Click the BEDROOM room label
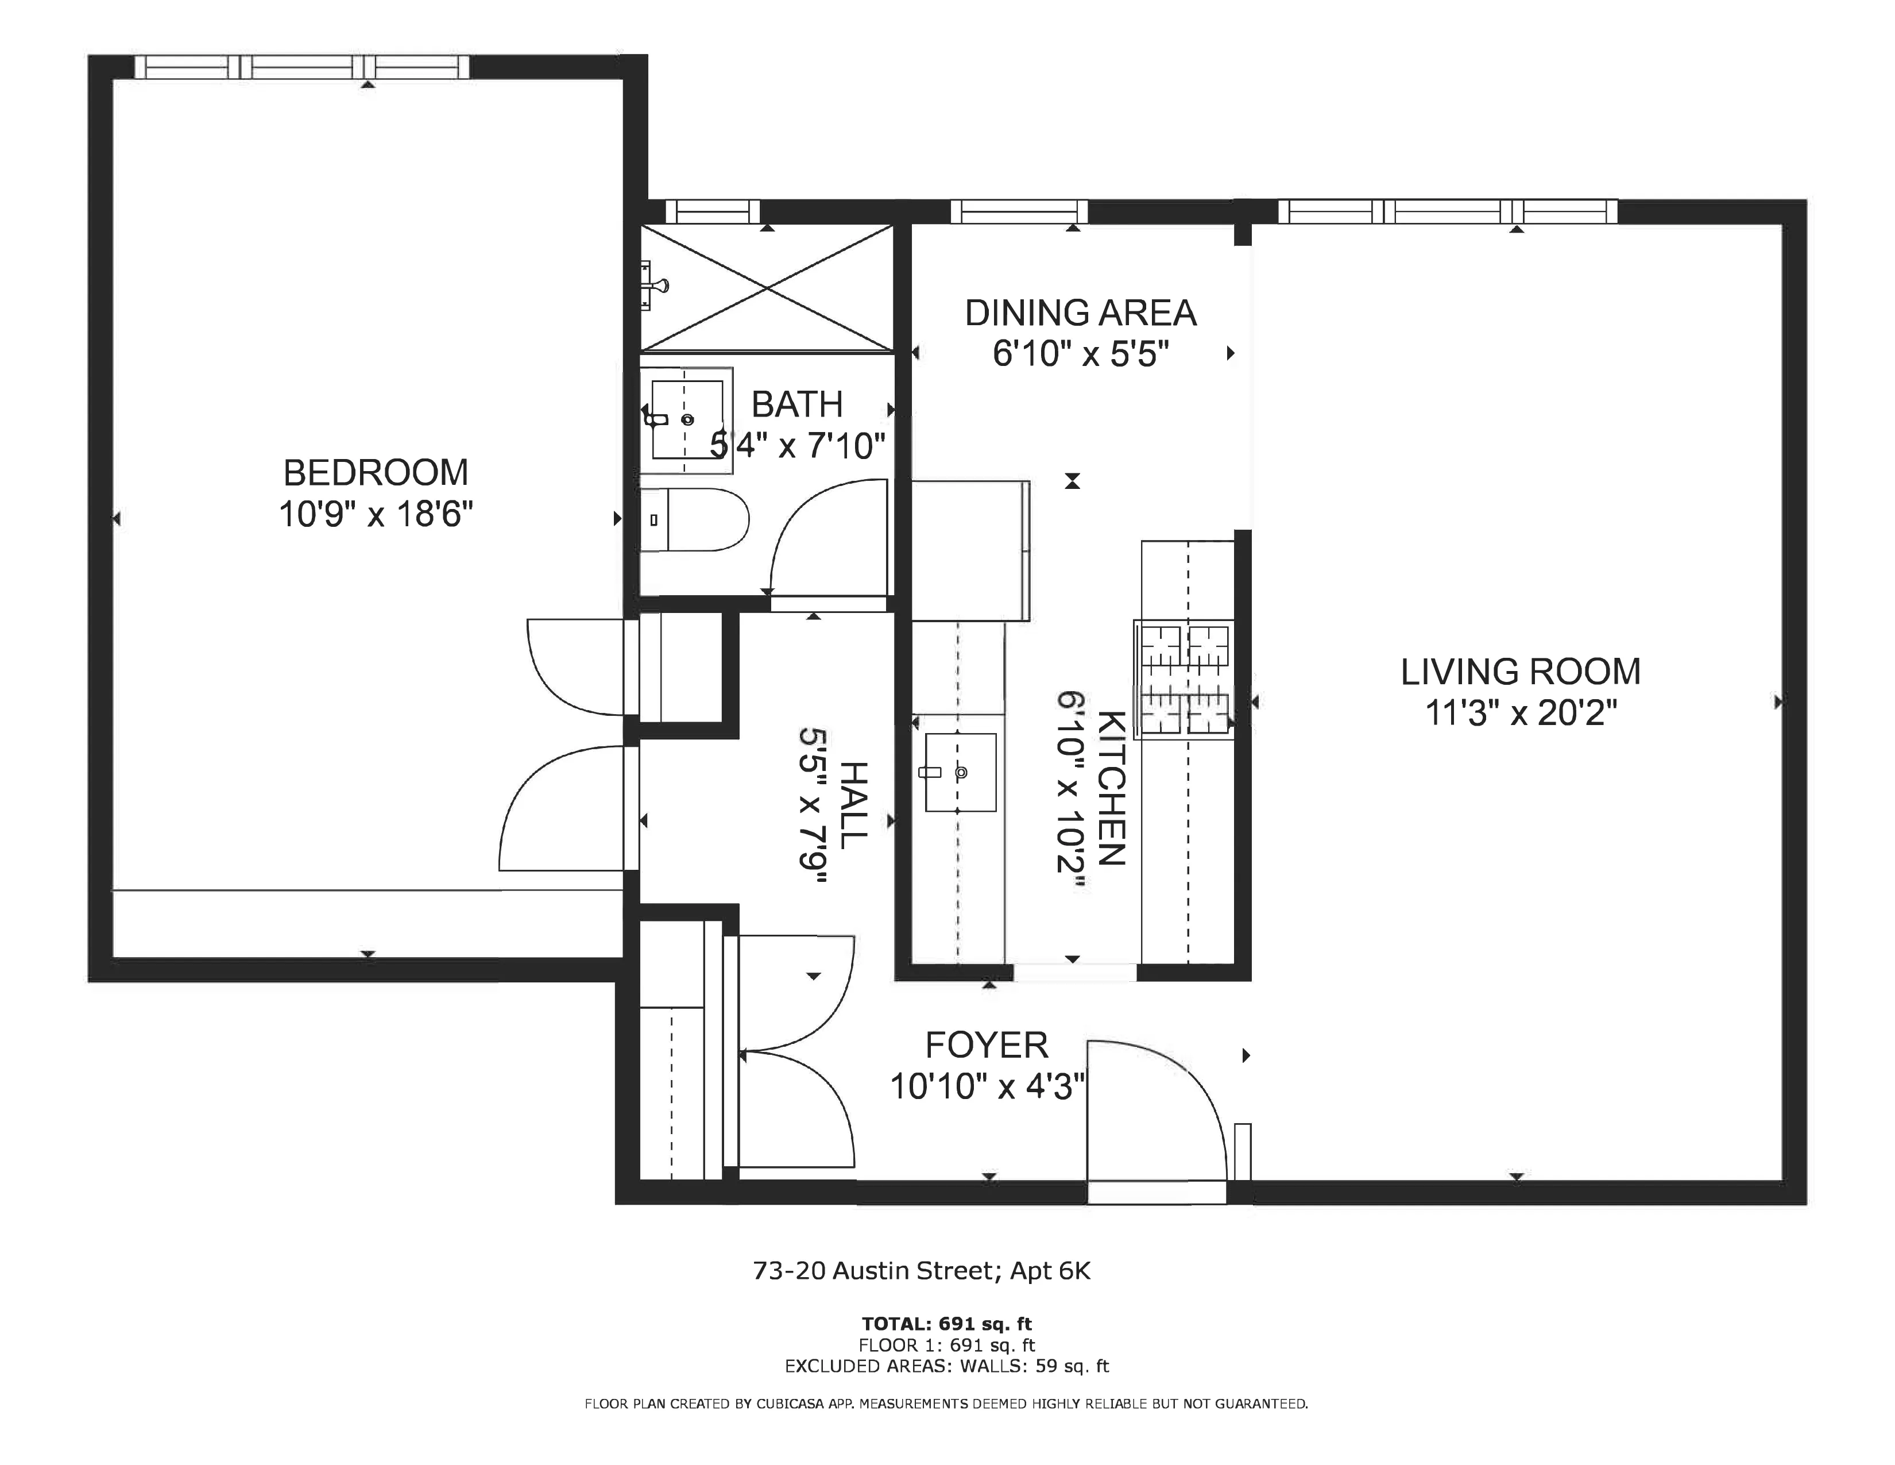click(x=375, y=473)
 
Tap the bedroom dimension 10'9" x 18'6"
click(x=375, y=515)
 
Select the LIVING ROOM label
click(x=1520, y=672)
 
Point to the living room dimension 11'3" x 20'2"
click(x=1520, y=714)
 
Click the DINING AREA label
click(x=1080, y=313)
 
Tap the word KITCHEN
click(x=1112, y=788)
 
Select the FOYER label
click(x=987, y=1045)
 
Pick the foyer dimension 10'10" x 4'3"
click(x=987, y=1086)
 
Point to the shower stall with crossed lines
click(x=767, y=288)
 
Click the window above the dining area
click(x=1019, y=212)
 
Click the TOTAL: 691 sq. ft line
click(x=946, y=1324)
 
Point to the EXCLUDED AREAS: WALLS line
click(x=946, y=1366)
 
